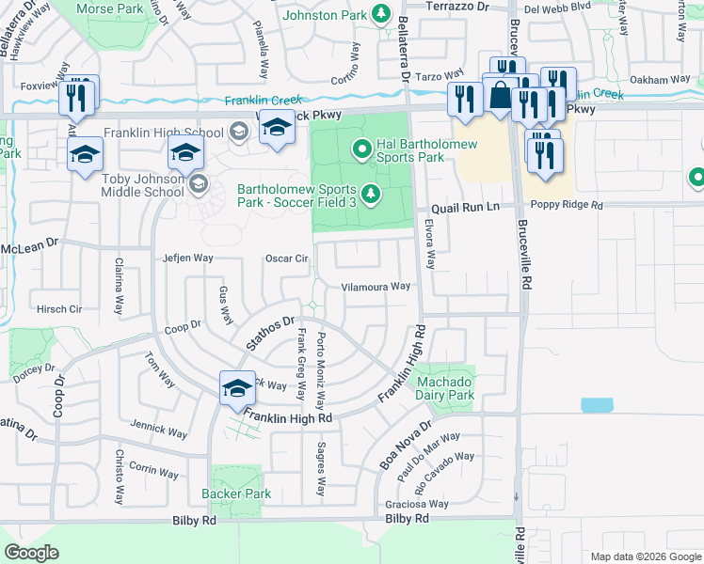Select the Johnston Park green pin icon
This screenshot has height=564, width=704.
(x=381, y=14)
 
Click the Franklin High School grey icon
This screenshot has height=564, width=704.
(x=239, y=133)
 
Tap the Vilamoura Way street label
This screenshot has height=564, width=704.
(x=376, y=287)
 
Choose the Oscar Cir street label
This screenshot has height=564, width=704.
(x=287, y=258)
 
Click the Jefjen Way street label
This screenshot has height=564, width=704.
(x=188, y=258)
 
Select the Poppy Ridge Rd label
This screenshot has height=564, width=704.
(x=565, y=206)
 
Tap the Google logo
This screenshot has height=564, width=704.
(x=31, y=553)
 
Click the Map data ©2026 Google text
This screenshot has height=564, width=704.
(x=645, y=556)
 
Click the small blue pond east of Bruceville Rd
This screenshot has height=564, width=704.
(x=596, y=405)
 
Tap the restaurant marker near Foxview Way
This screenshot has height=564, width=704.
(x=75, y=100)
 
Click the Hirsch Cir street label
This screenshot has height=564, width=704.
(x=59, y=308)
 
